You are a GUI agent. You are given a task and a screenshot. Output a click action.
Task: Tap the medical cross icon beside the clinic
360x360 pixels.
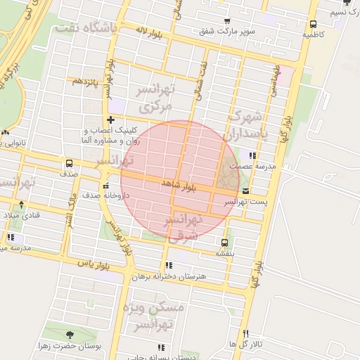[110, 120]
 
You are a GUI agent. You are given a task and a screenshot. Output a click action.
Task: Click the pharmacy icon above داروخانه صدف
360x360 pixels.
[105, 186]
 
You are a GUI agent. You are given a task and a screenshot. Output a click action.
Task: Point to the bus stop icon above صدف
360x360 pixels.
[68, 163]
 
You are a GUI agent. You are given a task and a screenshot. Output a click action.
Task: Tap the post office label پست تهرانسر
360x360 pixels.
[240, 201]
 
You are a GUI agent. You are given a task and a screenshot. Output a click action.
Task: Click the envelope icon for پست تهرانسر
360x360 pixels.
[245, 191]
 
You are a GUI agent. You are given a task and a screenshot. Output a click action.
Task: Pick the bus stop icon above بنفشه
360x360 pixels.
[224, 243]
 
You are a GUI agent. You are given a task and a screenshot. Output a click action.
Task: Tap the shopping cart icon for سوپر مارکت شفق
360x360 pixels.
[226, 21]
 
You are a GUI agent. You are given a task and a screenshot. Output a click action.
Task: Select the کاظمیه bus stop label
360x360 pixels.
[313, 34]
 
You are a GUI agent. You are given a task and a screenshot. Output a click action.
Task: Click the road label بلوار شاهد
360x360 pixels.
[179, 184]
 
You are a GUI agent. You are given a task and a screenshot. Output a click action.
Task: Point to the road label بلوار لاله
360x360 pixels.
[150, 32]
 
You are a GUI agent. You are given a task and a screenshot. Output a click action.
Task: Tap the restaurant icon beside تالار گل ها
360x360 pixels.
[245, 333]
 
